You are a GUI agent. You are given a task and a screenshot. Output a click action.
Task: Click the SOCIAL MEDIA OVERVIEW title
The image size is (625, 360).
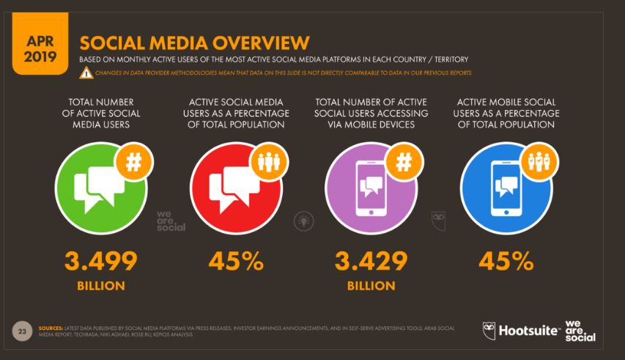pyautogui.click(x=191, y=43)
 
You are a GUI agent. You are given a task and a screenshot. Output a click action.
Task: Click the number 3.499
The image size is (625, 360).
pyautogui.click(x=101, y=261)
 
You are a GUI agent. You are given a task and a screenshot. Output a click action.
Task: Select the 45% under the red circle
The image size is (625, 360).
pyautogui.click(x=234, y=261)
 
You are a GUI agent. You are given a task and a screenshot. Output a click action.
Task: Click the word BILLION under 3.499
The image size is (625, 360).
pyautogui.click(x=101, y=285)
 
